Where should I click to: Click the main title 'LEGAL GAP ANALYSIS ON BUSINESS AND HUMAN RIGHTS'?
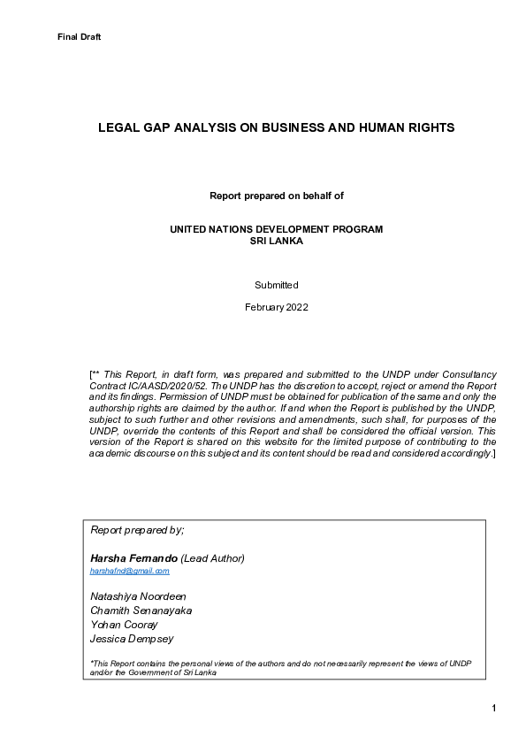(276, 127)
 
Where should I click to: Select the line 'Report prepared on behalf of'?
(276, 195)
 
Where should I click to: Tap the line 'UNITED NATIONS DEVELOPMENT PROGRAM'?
(276, 229)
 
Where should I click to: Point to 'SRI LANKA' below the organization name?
(276, 240)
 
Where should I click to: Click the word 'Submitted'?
(276, 285)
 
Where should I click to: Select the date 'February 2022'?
(276, 307)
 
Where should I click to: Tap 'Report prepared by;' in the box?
(137, 529)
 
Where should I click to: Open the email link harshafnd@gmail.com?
(130, 572)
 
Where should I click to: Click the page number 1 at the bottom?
(494, 708)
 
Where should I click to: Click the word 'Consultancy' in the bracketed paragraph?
(469, 376)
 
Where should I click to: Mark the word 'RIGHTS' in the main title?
(428, 127)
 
